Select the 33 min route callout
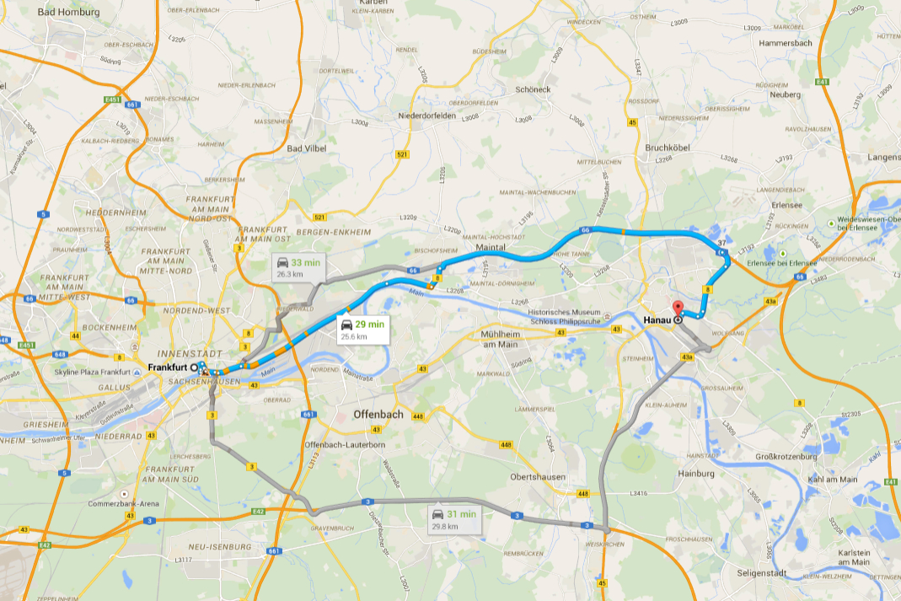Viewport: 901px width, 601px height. pyautogui.click(x=298, y=267)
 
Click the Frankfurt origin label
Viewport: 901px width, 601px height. pyautogui.click(x=168, y=368)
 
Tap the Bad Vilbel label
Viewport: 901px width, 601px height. pyautogui.click(x=306, y=148)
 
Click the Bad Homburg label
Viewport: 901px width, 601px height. pyautogui.click(x=68, y=13)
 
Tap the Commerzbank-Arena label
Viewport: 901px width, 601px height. pyautogui.click(x=124, y=504)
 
